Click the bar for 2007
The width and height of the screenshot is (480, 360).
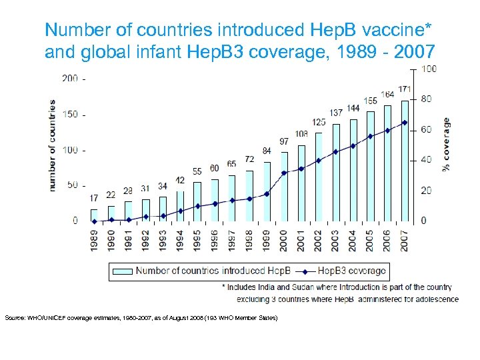coord(405,161)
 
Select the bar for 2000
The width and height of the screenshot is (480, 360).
coord(283,187)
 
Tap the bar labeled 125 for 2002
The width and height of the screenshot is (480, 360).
coord(318,177)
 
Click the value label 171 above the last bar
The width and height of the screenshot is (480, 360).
coord(404,89)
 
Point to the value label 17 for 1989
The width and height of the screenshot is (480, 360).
coord(94,198)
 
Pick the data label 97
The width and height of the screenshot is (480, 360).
coord(283,141)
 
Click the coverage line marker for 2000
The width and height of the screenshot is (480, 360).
coord(283,173)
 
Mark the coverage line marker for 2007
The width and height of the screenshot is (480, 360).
coord(405,123)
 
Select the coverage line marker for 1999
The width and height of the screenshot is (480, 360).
coord(266,194)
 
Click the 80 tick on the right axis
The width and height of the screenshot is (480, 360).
coord(426,99)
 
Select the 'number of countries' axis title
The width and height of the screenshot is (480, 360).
coord(52,146)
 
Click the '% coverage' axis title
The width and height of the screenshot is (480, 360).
coord(446,145)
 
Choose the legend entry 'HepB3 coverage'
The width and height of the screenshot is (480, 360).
coord(351,271)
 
